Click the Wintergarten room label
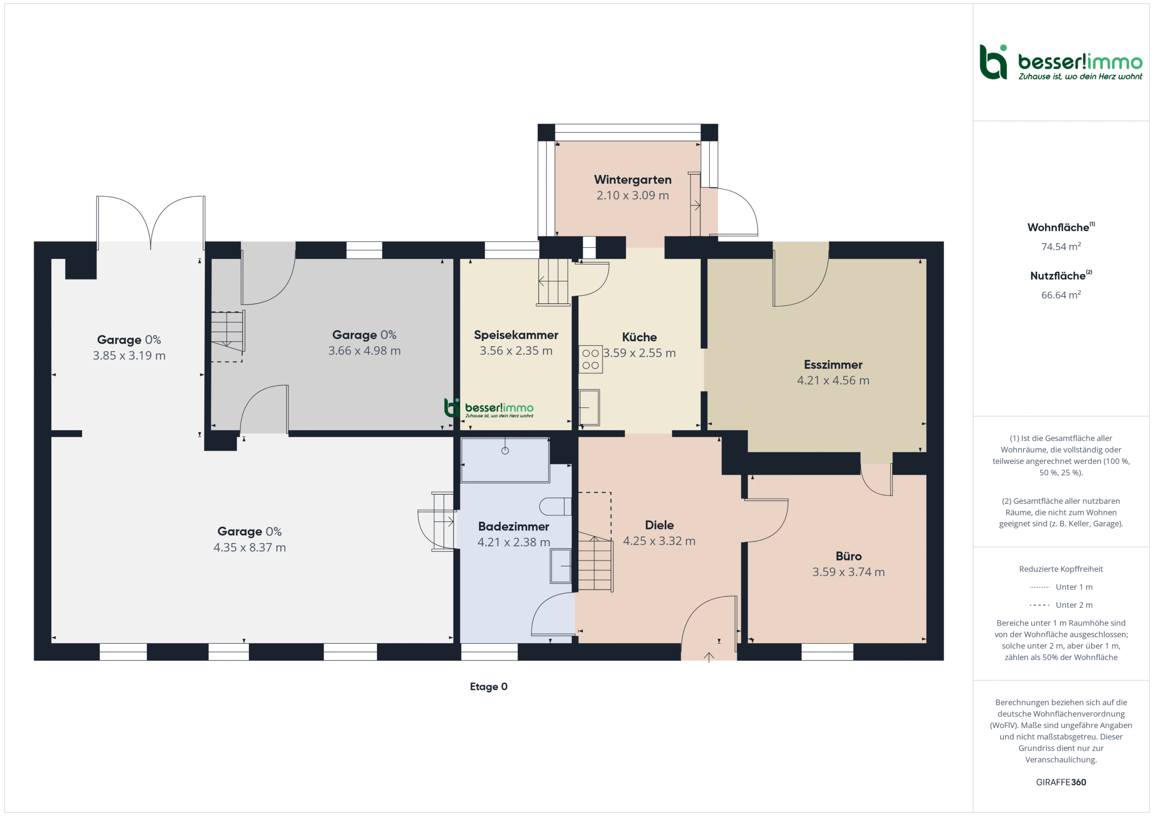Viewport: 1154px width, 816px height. pyautogui.click(x=632, y=179)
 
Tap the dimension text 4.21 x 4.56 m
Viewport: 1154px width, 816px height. pyautogui.click(x=833, y=380)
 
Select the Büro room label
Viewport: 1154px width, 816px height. pyautogui.click(x=848, y=556)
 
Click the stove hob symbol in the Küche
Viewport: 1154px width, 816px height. pyautogui.click(x=590, y=359)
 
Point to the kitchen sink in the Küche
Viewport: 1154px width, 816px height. pyautogui.click(x=589, y=407)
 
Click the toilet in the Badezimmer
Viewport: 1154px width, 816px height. pyautogui.click(x=555, y=506)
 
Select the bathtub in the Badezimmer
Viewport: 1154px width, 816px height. pyautogui.click(x=504, y=460)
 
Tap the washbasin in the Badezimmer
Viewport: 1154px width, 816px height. pyautogui.click(x=560, y=566)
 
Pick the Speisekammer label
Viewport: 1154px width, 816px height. pyautogui.click(x=516, y=335)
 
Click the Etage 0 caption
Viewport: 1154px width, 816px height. pyautogui.click(x=489, y=686)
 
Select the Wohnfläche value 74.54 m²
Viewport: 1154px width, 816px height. pyautogui.click(x=1061, y=246)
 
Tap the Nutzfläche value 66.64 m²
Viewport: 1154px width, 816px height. pyautogui.click(x=1061, y=294)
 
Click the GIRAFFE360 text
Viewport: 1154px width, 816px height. pyautogui.click(x=1061, y=782)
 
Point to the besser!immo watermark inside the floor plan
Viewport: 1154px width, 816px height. pyautogui.click(x=489, y=408)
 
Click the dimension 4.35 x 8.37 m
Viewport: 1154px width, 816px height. pyautogui.click(x=249, y=547)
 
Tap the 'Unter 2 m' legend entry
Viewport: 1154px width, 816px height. pyautogui.click(x=1061, y=605)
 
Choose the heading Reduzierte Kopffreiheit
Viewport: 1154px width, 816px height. pyautogui.click(x=1061, y=569)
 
